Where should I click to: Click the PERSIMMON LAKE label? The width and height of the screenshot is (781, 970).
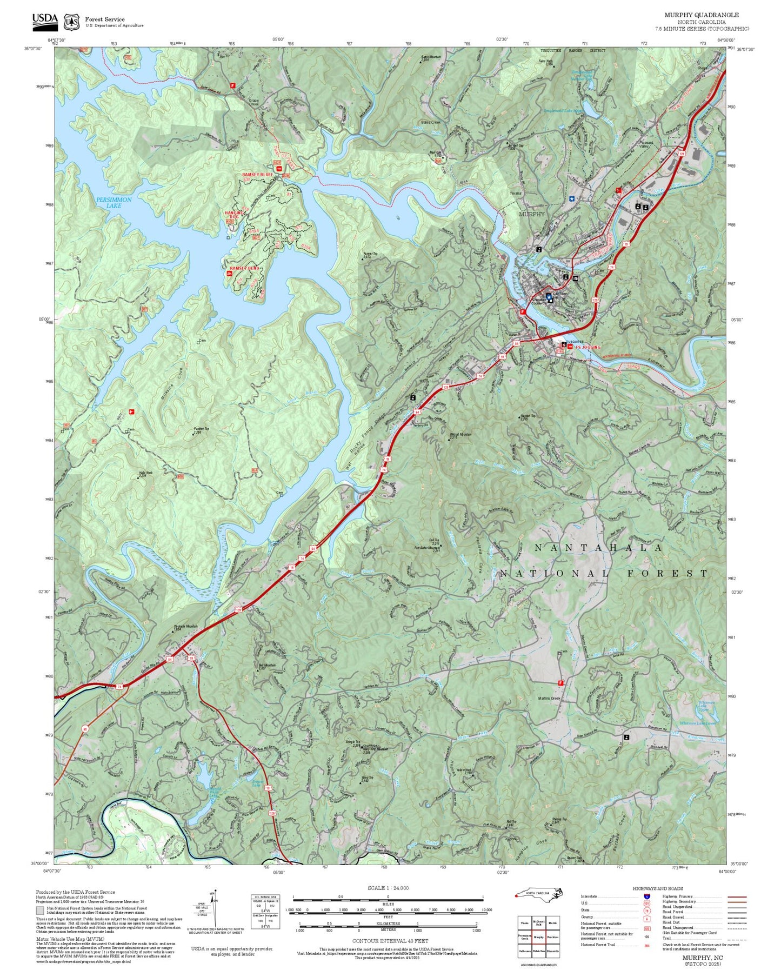[x=114, y=203]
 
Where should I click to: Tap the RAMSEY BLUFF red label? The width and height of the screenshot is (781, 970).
[x=257, y=175]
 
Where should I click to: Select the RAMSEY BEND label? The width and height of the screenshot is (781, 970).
[x=244, y=269]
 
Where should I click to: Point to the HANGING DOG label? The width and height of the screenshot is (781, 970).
[x=234, y=215]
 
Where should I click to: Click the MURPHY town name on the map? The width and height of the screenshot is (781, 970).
[x=532, y=214]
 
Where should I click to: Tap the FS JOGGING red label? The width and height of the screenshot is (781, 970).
[x=588, y=347]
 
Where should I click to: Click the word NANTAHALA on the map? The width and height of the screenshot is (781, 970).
[x=598, y=548]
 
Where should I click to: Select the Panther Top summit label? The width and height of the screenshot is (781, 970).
[x=201, y=430]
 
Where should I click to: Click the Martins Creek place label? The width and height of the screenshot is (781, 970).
[x=549, y=699]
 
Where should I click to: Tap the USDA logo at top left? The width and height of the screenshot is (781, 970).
[x=45, y=19]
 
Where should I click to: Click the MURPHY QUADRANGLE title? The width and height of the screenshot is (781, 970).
[x=702, y=15]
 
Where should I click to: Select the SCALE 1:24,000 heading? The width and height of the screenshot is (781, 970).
[x=388, y=888]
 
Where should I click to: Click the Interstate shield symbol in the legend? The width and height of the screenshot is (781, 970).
[x=647, y=896]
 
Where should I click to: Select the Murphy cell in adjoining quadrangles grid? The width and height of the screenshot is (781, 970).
[x=539, y=937]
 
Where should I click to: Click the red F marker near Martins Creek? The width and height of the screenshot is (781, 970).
[x=560, y=683]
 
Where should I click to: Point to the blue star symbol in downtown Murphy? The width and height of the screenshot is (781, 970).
[x=571, y=199]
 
